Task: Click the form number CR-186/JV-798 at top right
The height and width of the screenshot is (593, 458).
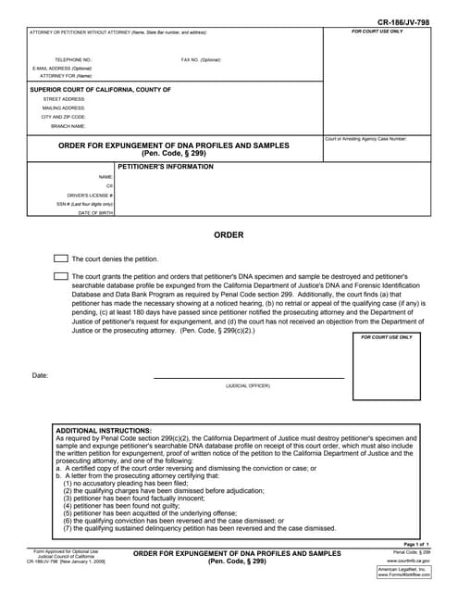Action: click(403, 20)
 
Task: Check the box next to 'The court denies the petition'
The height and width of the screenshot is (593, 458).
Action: click(61, 259)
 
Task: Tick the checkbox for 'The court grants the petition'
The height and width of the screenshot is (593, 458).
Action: click(61, 276)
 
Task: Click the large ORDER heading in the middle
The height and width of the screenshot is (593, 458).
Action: click(229, 235)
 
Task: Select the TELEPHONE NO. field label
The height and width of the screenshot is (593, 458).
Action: click(73, 60)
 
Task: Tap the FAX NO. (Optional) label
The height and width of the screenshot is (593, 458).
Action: click(201, 60)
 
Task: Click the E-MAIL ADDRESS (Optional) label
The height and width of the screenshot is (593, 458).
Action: click(62, 69)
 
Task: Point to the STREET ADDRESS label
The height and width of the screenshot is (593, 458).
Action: click(64, 98)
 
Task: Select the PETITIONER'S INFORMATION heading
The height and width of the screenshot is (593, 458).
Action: click(165, 167)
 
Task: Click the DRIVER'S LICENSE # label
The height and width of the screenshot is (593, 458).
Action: click(90, 196)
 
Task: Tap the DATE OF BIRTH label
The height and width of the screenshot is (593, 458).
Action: click(95, 213)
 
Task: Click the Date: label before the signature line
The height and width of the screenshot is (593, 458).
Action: click(40, 375)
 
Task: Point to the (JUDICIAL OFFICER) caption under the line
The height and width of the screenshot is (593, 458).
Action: click(248, 385)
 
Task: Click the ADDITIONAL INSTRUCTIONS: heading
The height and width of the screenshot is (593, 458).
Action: click(104, 431)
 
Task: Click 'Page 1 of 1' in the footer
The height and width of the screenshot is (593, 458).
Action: click(416, 544)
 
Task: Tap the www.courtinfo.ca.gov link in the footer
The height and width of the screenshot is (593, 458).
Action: click(408, 561)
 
